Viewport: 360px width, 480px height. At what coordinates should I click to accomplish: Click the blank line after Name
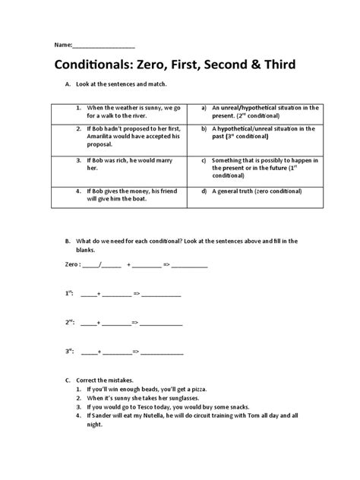click(x=103, y=45)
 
